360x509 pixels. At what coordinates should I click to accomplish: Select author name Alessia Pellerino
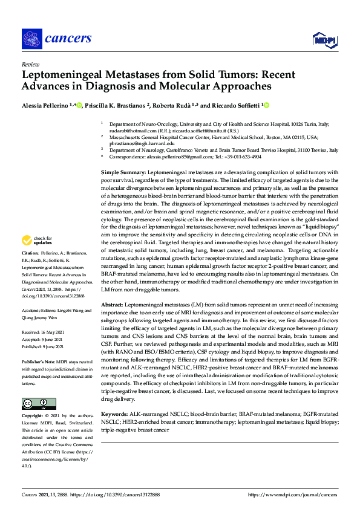click(x=45, y=105)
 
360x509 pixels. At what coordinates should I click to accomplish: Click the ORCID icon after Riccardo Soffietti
click(x=265, y=105)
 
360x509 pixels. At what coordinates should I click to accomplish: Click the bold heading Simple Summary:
click(x=123, y=172)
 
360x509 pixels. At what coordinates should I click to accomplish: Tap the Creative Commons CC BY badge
click(x=38, y=387)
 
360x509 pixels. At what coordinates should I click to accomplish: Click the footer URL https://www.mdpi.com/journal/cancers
click(x=292, y=494)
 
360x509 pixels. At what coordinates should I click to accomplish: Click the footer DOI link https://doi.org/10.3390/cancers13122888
click(x=116, y=494)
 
